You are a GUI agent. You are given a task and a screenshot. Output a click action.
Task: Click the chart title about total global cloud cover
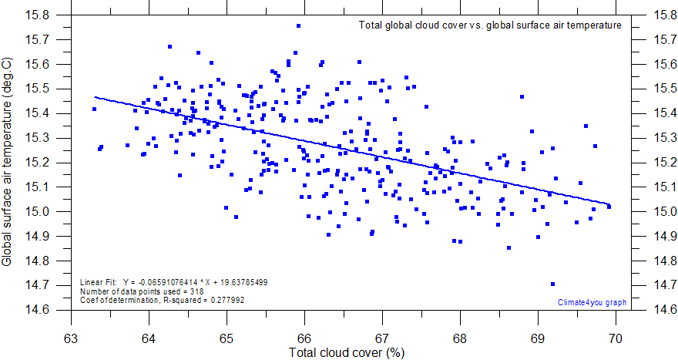coord(490,25)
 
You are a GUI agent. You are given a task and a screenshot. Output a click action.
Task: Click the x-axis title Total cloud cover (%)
coord(347,353)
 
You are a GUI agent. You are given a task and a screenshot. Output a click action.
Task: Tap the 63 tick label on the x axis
coord(71,338)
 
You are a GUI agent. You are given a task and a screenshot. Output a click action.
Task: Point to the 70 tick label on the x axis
coord(616,338)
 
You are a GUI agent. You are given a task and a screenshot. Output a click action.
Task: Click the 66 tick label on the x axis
coord(304,338)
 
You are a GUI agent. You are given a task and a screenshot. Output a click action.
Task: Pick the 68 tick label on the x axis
coord(460,338)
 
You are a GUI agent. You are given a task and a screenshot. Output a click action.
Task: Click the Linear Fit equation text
coord(174,282)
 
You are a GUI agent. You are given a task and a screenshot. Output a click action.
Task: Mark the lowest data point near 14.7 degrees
coord(552,284)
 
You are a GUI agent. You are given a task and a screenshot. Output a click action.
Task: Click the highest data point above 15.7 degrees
coord(298,26)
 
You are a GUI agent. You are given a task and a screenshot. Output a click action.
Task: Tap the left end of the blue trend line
coord(95,97)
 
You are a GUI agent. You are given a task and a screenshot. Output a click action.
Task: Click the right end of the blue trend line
coord(609,204)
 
